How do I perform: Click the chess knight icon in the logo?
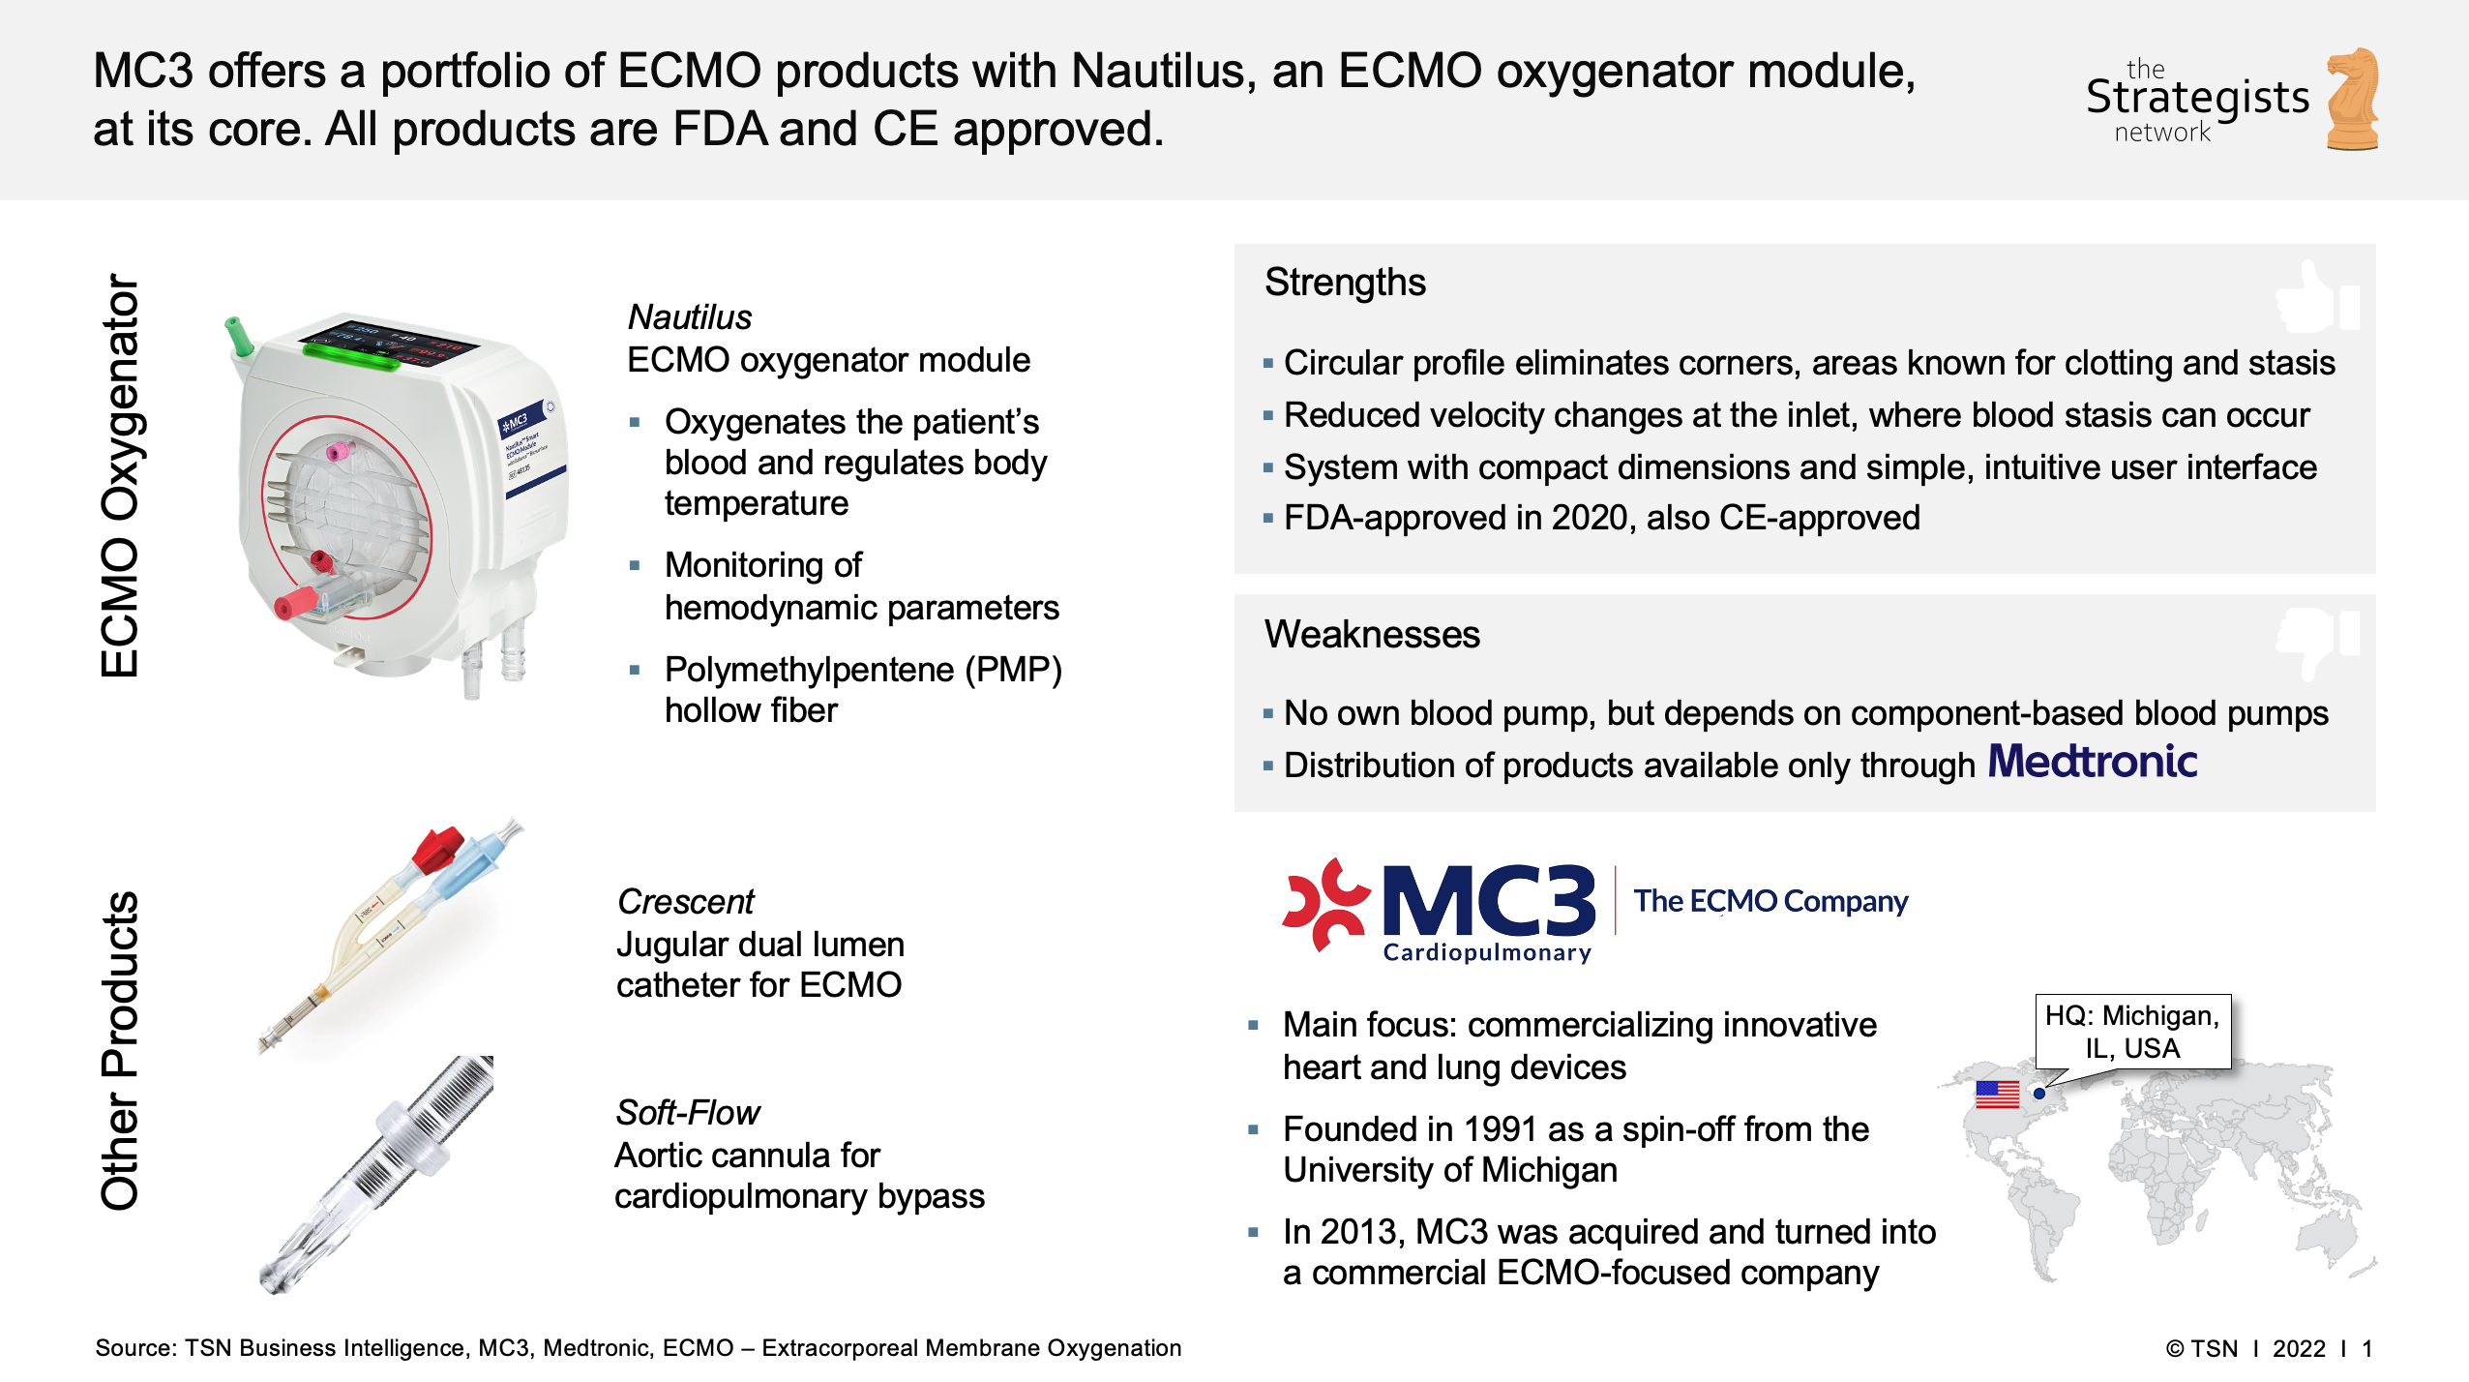(2353, 99)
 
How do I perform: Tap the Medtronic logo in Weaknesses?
(2092, 762)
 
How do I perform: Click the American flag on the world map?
(1997, 1094)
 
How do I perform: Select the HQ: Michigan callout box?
(2132, 1032)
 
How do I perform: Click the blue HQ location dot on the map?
(2039, 1094)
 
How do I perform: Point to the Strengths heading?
(1345, 283)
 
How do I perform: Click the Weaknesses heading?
(1372, 635)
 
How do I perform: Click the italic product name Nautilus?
(689, 317)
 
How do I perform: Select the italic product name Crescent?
(685, 902)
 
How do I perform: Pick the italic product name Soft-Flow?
(688, 1113)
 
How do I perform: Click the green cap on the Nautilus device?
(237, 335)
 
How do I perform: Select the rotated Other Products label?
(120, 1051)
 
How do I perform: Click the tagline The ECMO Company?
(1770, 901)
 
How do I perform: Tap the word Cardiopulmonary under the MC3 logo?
(1487, 952)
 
